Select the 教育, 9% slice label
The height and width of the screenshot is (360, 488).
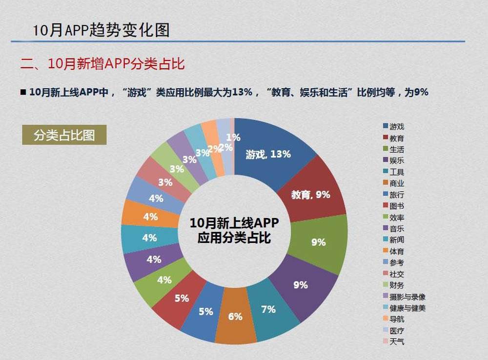tap(310, 195)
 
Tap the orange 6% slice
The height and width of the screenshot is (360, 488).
tap(235, 316)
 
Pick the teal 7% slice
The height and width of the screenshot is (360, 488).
tap(268, 309)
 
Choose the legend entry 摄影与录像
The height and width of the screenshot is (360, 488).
tap(407, 297)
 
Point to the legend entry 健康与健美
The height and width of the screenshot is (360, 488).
tap(407, 308)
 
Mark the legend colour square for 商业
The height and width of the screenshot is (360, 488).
tap(386, 183)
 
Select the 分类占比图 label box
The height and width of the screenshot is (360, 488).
tap(64, 135)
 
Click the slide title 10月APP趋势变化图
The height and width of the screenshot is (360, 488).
tap(101, 30)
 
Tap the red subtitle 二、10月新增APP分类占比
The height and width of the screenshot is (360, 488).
tap(102, 64)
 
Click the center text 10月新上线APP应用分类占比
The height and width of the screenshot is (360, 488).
tap(234, 231)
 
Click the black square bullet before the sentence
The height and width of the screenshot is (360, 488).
tap(23, 92)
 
